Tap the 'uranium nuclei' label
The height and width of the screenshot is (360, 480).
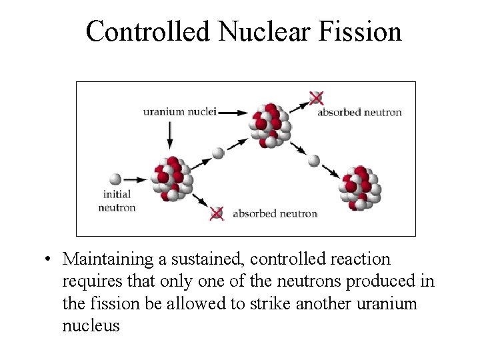coord(179,111)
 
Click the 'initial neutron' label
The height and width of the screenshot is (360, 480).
coord(117,201)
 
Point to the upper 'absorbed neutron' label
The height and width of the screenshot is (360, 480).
coord(359,112)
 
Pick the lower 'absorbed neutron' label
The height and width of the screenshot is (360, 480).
coord(275,214)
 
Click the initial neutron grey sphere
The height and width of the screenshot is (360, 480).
coord(115,179)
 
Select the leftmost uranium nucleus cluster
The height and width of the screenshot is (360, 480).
coord(172,179)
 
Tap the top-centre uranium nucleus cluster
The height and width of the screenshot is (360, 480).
coord(270,125)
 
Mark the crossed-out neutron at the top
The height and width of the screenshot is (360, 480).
coord(316,98)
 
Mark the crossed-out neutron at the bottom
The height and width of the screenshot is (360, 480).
coord(216,213)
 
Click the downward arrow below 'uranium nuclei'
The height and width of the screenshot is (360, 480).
coord(169,135)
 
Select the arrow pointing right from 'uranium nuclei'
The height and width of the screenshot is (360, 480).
coord(233,113)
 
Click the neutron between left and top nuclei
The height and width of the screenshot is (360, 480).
coord(218,153)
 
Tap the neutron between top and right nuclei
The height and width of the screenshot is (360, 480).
coord(313,161)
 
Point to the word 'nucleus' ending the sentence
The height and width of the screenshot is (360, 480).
coord(91,325)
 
